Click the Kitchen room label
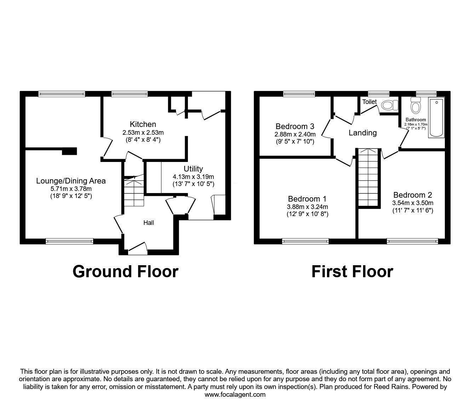click(x=143, y=124)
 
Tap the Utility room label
click(x=193, y=169)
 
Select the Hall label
click(x=149, y=223)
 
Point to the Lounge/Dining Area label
click(x=71, y=181)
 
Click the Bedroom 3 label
click(x=295, y=126)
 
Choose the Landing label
click(x=363, y=133)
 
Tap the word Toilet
click(x=369, y=102)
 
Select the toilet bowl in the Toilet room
click(x=389, y=105)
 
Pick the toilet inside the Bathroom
click(x=415, y=106)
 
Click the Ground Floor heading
click(x=126, y=272)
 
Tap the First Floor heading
click(x=352, y=272)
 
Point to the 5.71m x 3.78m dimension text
click(x=71, y=188)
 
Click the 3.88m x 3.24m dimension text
click(x=308, y=207)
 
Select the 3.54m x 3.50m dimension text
click(x=413, y=203)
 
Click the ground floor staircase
click(x=134, y=191)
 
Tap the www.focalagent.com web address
click(x=235, y=395)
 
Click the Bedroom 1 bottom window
click(x=305, y=242)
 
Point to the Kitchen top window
click(x=130, y=94)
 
